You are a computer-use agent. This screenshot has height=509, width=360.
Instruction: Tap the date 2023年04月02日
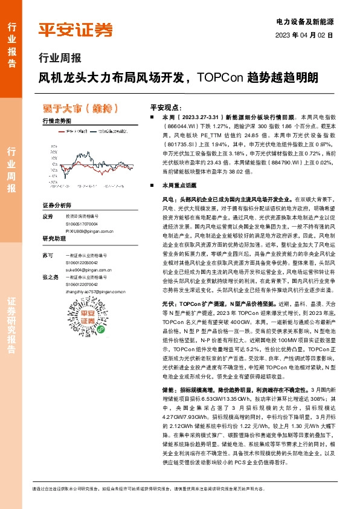pos(304,34)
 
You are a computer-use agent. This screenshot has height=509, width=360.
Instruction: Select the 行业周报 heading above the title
pos(59,59)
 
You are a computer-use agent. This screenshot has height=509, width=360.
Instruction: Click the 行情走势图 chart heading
pos(57,121)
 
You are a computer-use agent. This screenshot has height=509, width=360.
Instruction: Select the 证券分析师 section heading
pos(57,206)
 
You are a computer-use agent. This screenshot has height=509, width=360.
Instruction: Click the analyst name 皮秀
pos(48,216)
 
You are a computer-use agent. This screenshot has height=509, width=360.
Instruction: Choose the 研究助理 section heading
pos(53,239)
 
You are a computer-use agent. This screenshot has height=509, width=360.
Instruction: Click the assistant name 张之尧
pos(50,276)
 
